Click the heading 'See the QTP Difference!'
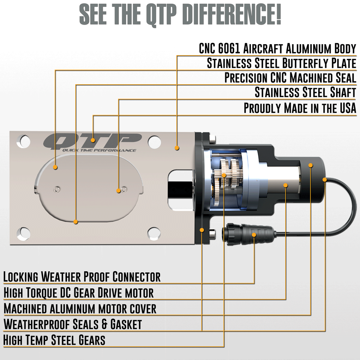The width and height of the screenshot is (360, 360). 180,15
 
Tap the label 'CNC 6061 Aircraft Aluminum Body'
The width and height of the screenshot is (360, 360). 277,49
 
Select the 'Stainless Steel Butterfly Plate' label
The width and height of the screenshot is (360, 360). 281,63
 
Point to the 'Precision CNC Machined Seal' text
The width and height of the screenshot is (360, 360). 290,78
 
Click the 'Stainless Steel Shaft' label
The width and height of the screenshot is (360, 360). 305,92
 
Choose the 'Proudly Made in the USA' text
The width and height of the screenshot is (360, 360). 300,108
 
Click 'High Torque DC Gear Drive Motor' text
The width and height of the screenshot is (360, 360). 79,292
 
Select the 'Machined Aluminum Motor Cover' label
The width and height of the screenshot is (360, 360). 80,308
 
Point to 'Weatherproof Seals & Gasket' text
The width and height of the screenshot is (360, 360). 73,324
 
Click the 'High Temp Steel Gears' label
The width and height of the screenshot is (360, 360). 54,340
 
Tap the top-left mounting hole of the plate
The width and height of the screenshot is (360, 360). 23,141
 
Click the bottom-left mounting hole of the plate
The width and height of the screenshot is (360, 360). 23,234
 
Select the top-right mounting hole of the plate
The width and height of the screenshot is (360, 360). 154,142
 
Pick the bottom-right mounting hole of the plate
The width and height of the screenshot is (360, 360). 154,234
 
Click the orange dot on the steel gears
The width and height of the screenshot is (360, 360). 224,175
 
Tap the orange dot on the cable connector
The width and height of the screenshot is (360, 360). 254,235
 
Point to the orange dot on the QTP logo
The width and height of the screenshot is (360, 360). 93,140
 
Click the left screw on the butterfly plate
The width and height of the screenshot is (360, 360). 56,190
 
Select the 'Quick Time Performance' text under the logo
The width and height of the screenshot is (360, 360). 99,151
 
